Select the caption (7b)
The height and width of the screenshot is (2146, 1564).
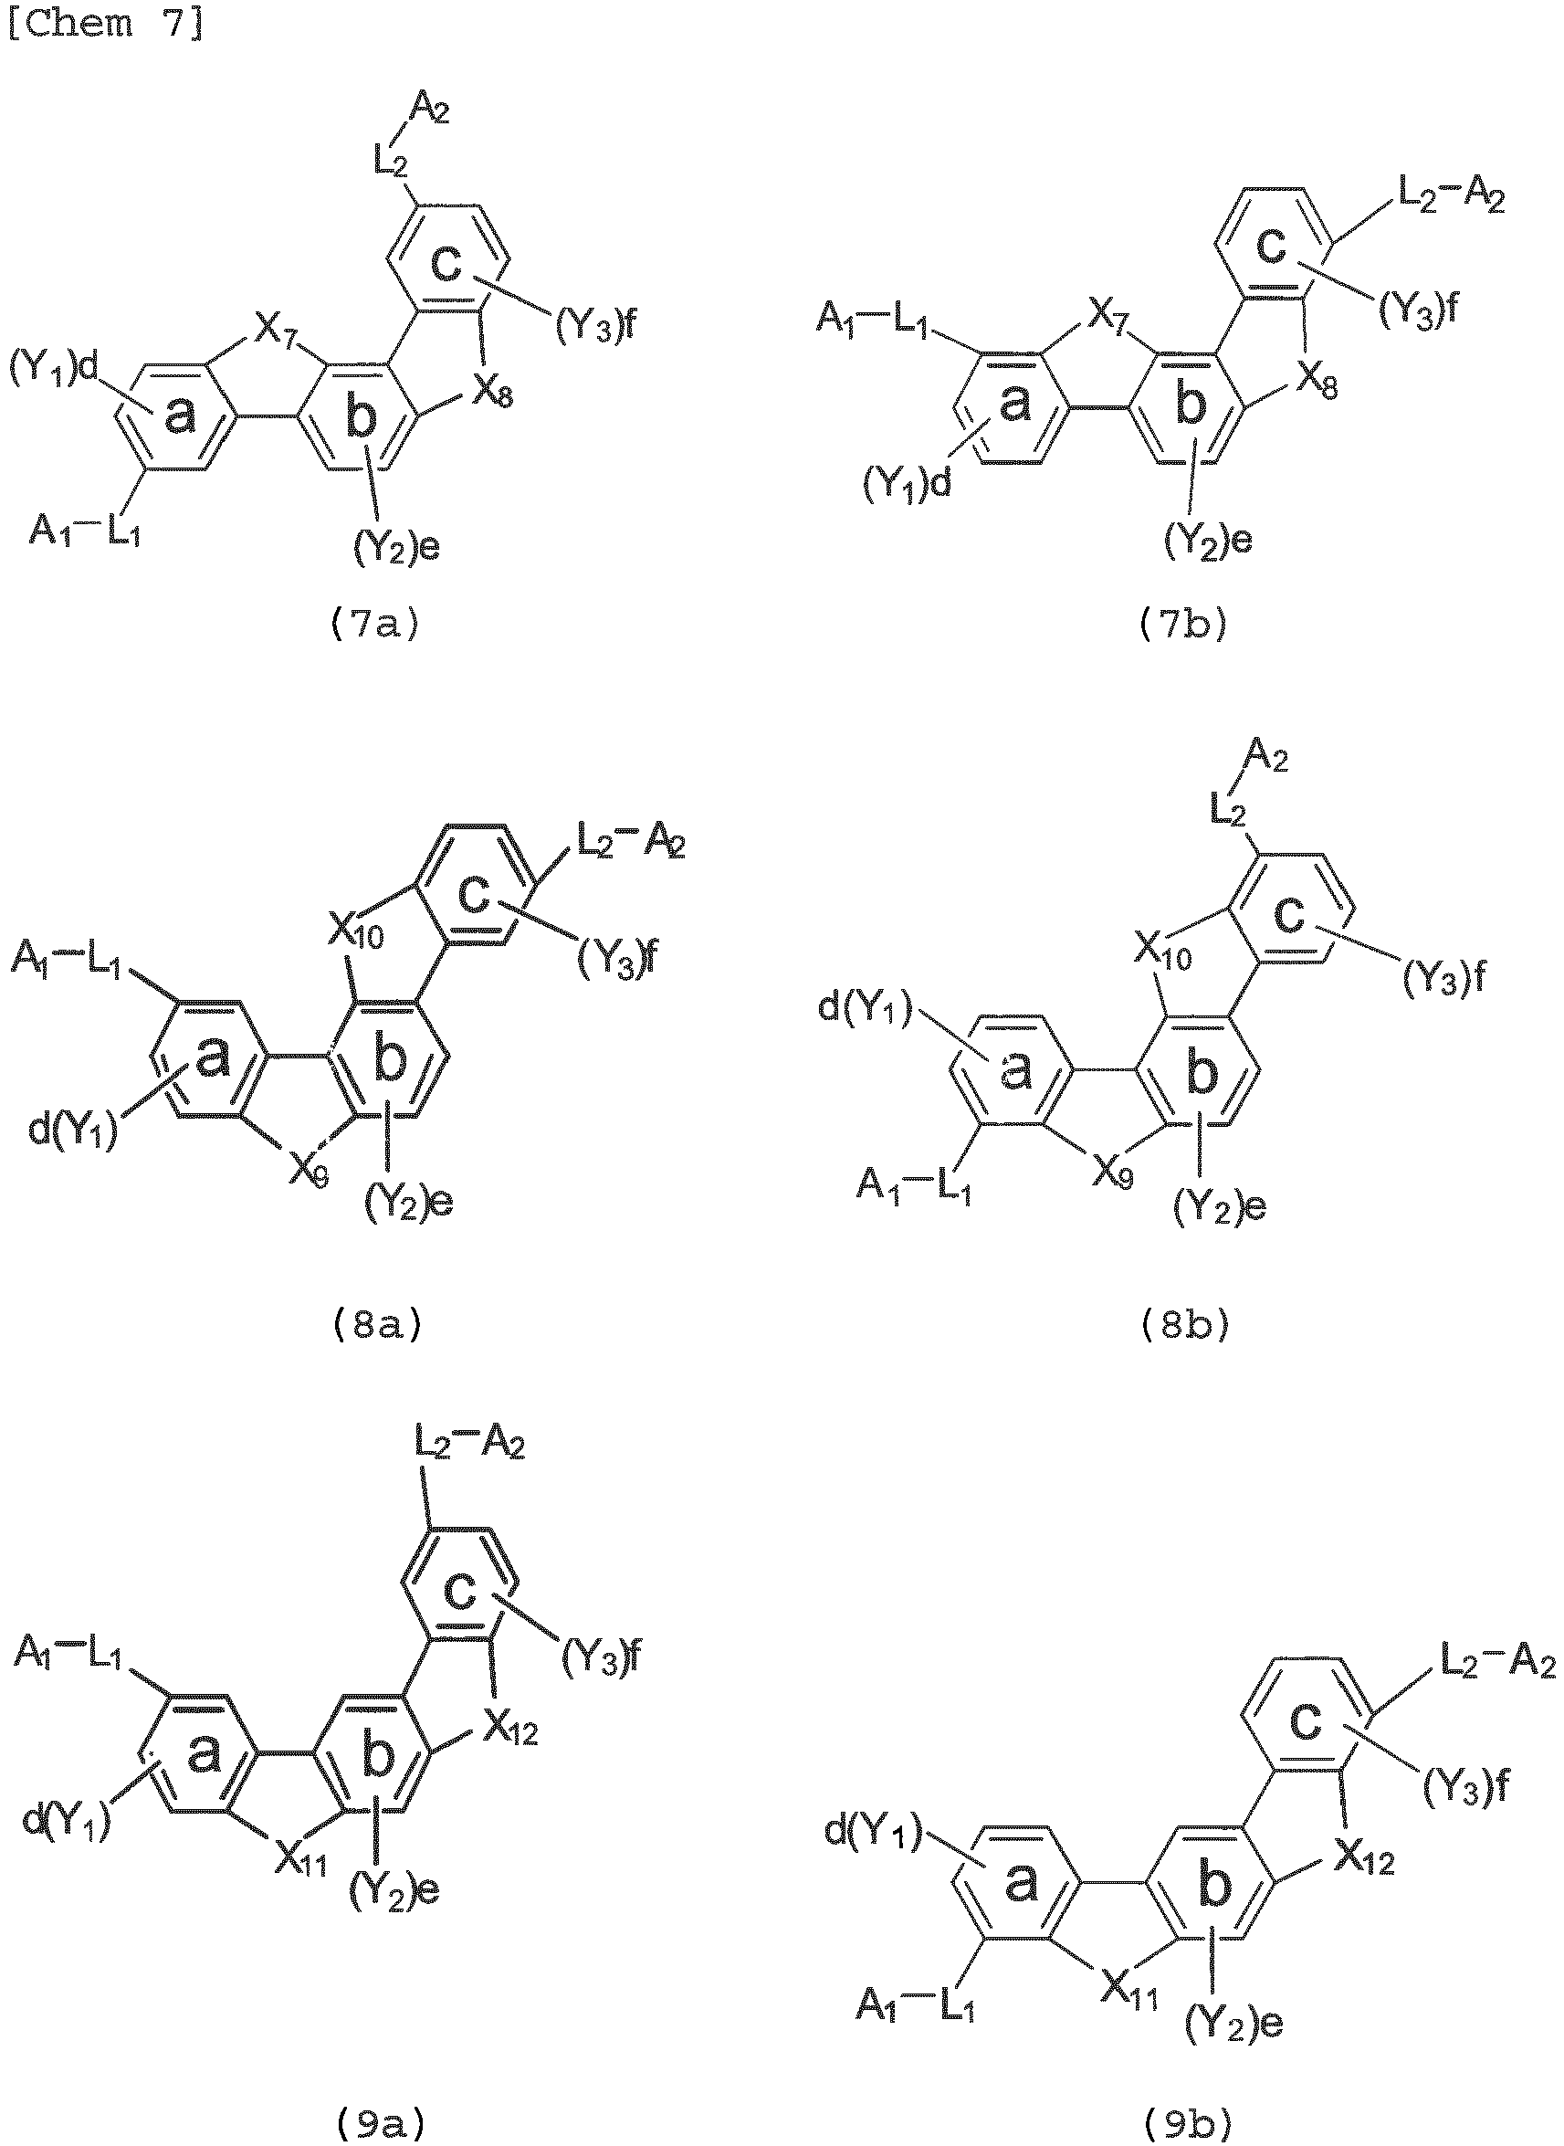tap(1182, 624)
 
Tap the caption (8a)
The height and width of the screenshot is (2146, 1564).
tap(376, 1326)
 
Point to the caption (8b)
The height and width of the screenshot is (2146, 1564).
tap(1183, 1326)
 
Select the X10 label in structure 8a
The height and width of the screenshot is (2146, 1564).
tap(356, 934)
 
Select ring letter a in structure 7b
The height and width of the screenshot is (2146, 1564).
tap(1016, 405)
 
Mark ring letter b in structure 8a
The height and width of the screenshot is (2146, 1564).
tap(390, 1061)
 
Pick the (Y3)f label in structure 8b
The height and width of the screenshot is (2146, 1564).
tap(1443, 977)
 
